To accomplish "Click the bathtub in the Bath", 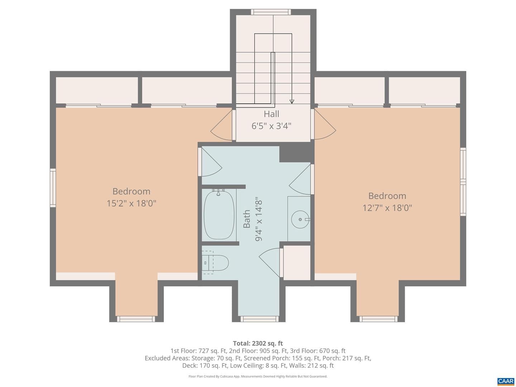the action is [219, 215].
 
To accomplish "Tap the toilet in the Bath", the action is [215, 262].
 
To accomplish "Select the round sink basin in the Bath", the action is [300, 219].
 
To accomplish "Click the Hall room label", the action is [271, 114].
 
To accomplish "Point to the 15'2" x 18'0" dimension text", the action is [132, 203].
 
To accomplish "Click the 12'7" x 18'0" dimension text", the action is [387, 208].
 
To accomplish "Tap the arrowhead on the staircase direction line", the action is [292, 101].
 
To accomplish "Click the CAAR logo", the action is [506, 381].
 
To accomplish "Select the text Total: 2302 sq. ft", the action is [258, 343].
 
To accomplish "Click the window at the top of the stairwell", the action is [271, 12].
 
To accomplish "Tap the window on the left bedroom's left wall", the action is [53, 188].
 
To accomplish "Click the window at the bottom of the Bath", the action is [259, 319].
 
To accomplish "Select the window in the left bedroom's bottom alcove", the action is [136, 319].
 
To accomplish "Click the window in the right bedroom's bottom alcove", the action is [378, 319].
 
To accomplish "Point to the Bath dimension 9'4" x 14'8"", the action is [259, 219].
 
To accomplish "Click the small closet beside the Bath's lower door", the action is [297, 263].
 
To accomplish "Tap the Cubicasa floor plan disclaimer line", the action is [258, 376].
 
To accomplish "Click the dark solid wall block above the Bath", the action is [297, 153].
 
